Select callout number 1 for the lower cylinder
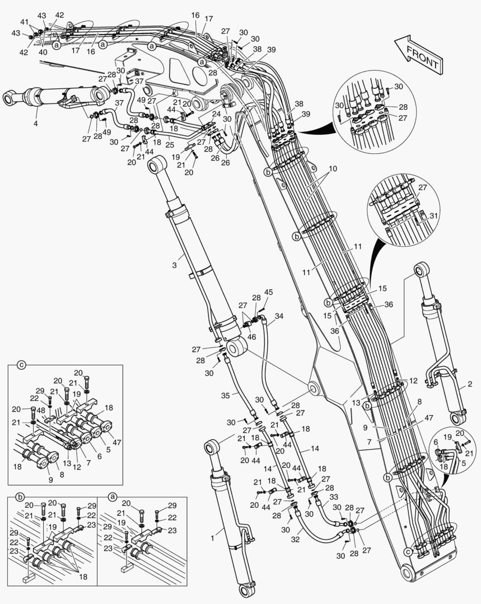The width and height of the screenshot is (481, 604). pos(470,384)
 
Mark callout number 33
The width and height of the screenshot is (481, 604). pos(333,496)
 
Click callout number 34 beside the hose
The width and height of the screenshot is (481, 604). pos(278,316)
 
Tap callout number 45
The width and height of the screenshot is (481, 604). pos(269,292)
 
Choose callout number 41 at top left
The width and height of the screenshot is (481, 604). pos(24,21)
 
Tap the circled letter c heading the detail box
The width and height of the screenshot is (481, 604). pos(21,365)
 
